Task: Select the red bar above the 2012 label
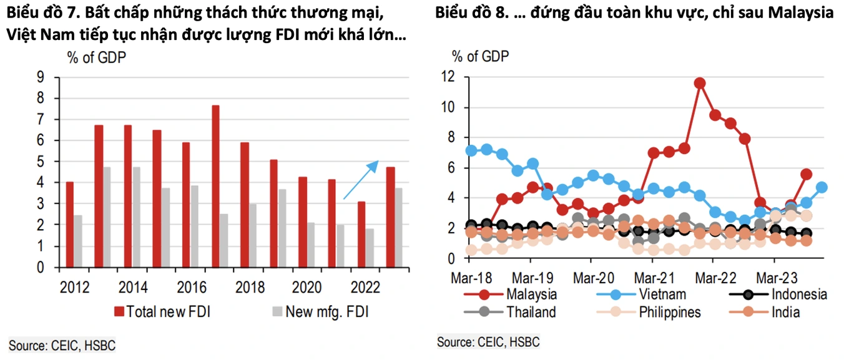(x=70, y=225)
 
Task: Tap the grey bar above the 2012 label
(x=78, y=241)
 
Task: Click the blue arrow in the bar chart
(x=361, y=180)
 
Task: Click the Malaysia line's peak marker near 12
(x=700, y=83)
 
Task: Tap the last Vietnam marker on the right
(x=822, y=187)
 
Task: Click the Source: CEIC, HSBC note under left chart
(x=62, y=345)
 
